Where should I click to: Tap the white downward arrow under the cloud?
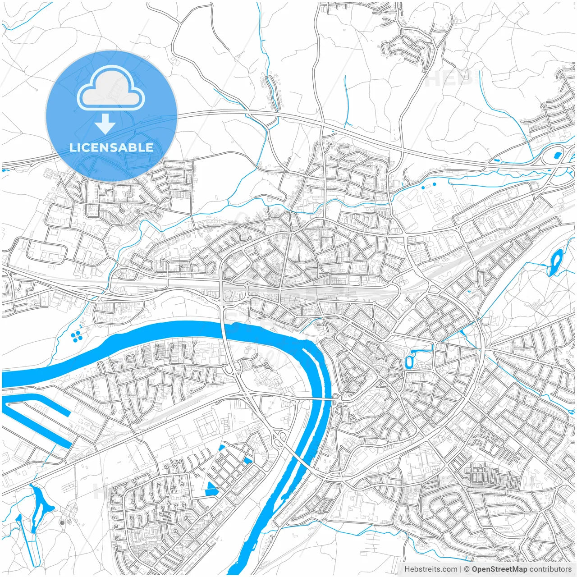(x=105, y=124)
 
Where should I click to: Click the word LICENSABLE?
(x=111, y=148)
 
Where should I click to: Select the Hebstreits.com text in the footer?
(x=430, y=569)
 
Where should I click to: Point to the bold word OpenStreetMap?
(x=499, y=569)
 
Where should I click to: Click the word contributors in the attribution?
(x=550, y=569)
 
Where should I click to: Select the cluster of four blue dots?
(x=77, y=335)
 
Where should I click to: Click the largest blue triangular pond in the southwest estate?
(x=211, y=489)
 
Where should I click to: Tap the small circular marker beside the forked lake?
(x=62, y=522)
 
